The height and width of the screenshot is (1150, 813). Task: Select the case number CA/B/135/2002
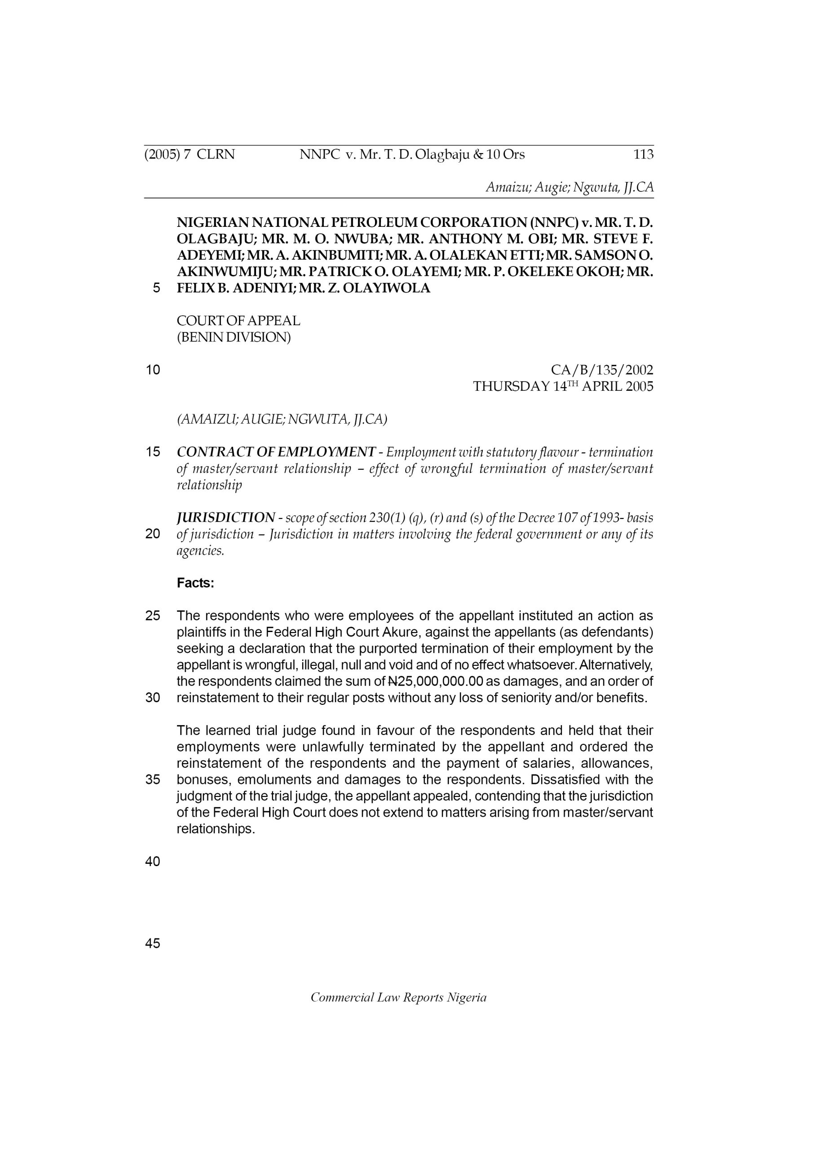pos(601,370)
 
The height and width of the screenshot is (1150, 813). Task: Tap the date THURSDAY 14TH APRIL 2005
pos(563,387)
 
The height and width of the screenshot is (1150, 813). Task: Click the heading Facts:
pos(195,583)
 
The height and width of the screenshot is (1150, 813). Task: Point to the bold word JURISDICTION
pos(226,517)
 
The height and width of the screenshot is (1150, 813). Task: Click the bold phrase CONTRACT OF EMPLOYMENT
pos(276,452)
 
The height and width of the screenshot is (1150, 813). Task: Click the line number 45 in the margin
pos(152,944)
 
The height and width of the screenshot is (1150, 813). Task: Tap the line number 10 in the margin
pos(152,370)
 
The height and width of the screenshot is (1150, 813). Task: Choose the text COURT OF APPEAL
pos(239,321)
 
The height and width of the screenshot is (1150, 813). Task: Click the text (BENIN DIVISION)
pos(234,337)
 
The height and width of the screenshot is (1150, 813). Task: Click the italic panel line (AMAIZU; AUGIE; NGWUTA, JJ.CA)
pos(282,419)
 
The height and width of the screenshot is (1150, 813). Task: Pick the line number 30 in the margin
pos(152,698)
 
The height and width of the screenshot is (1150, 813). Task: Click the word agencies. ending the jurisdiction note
pos(200,550)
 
